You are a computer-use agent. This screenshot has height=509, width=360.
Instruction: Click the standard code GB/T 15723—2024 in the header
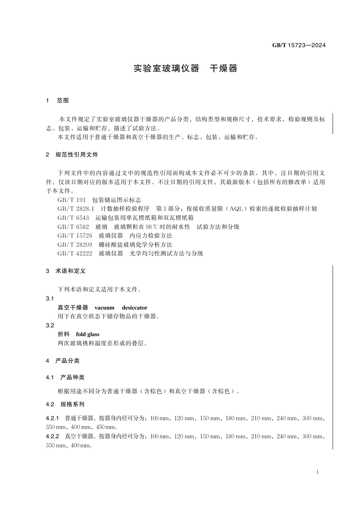click(x=299, y=46)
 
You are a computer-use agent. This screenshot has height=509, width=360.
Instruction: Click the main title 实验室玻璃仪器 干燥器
click(x=185, y=69)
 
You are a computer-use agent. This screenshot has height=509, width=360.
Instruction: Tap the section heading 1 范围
click(x=57, y=101)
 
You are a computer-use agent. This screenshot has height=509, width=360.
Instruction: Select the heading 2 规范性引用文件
click(x=72, y=155)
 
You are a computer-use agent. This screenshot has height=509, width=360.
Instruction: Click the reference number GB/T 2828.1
click(x=76, y=209)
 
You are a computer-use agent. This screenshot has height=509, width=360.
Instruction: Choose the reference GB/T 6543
click(x=73, y=218)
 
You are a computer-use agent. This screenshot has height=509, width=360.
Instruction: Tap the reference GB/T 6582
click(x=73, y=227)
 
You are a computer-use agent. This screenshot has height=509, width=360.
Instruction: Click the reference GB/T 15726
click(x=75, y=236)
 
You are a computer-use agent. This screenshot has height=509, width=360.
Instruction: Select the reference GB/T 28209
click(x=75, y=245)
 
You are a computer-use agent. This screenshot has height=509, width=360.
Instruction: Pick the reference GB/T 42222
click(x=75, y=254)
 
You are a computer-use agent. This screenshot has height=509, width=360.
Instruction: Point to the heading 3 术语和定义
click(x=66, y=271)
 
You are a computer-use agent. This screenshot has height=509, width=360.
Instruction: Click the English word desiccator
click(x=135, y=308)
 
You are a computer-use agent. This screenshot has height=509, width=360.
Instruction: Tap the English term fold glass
click(x=88, y=334)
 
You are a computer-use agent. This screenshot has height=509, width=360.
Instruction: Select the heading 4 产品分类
click(x=63, y=361)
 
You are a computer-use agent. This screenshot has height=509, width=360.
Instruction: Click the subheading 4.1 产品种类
click(x=65, y=377)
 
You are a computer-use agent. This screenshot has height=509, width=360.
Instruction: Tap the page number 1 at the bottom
click(x=317, y=472)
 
